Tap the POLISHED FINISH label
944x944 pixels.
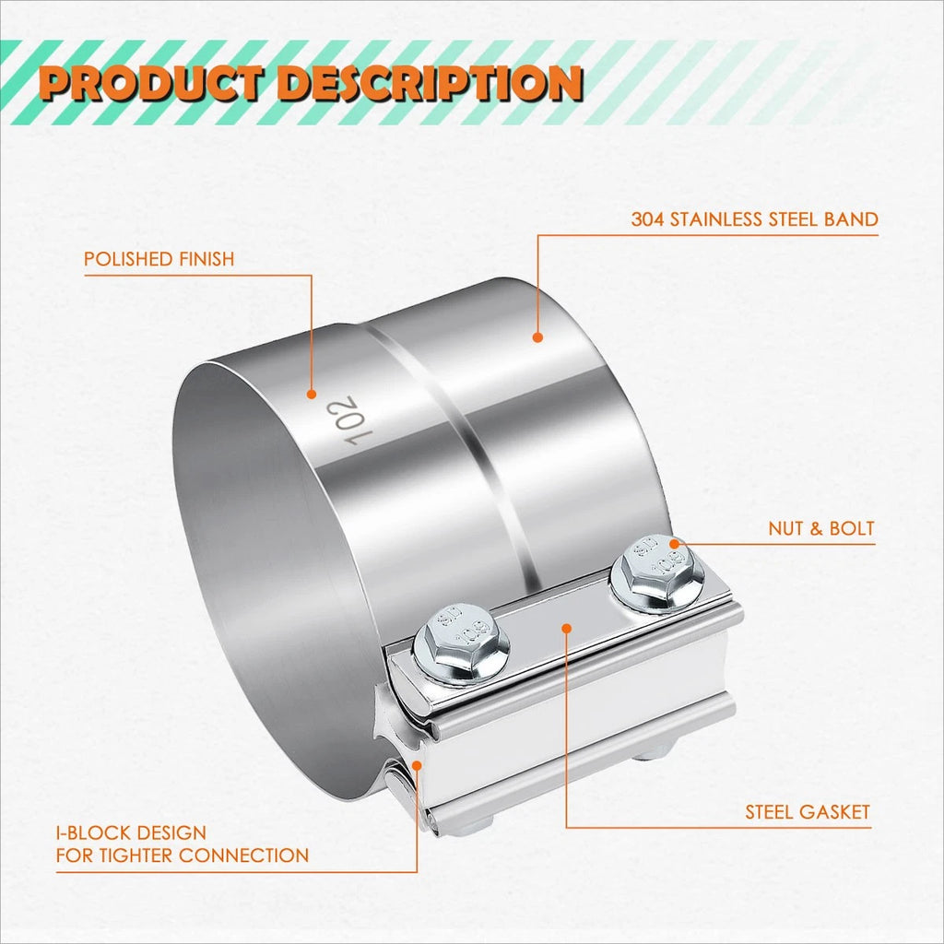[159, 259]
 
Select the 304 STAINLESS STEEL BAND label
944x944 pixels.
[754, 219]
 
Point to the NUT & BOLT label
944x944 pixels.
[821, 528]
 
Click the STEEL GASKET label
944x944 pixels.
[808, 812]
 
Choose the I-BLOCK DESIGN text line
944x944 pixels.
[131, 833]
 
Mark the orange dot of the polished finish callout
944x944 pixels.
[312, 395]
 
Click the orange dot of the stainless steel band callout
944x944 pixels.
[537, 337]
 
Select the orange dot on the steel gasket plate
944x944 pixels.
[566, 629]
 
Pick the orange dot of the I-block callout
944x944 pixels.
[417, 764]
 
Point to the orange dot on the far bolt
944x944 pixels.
[674, 544]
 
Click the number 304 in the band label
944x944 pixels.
[648, 219]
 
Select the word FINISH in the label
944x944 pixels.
[199, 259]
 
